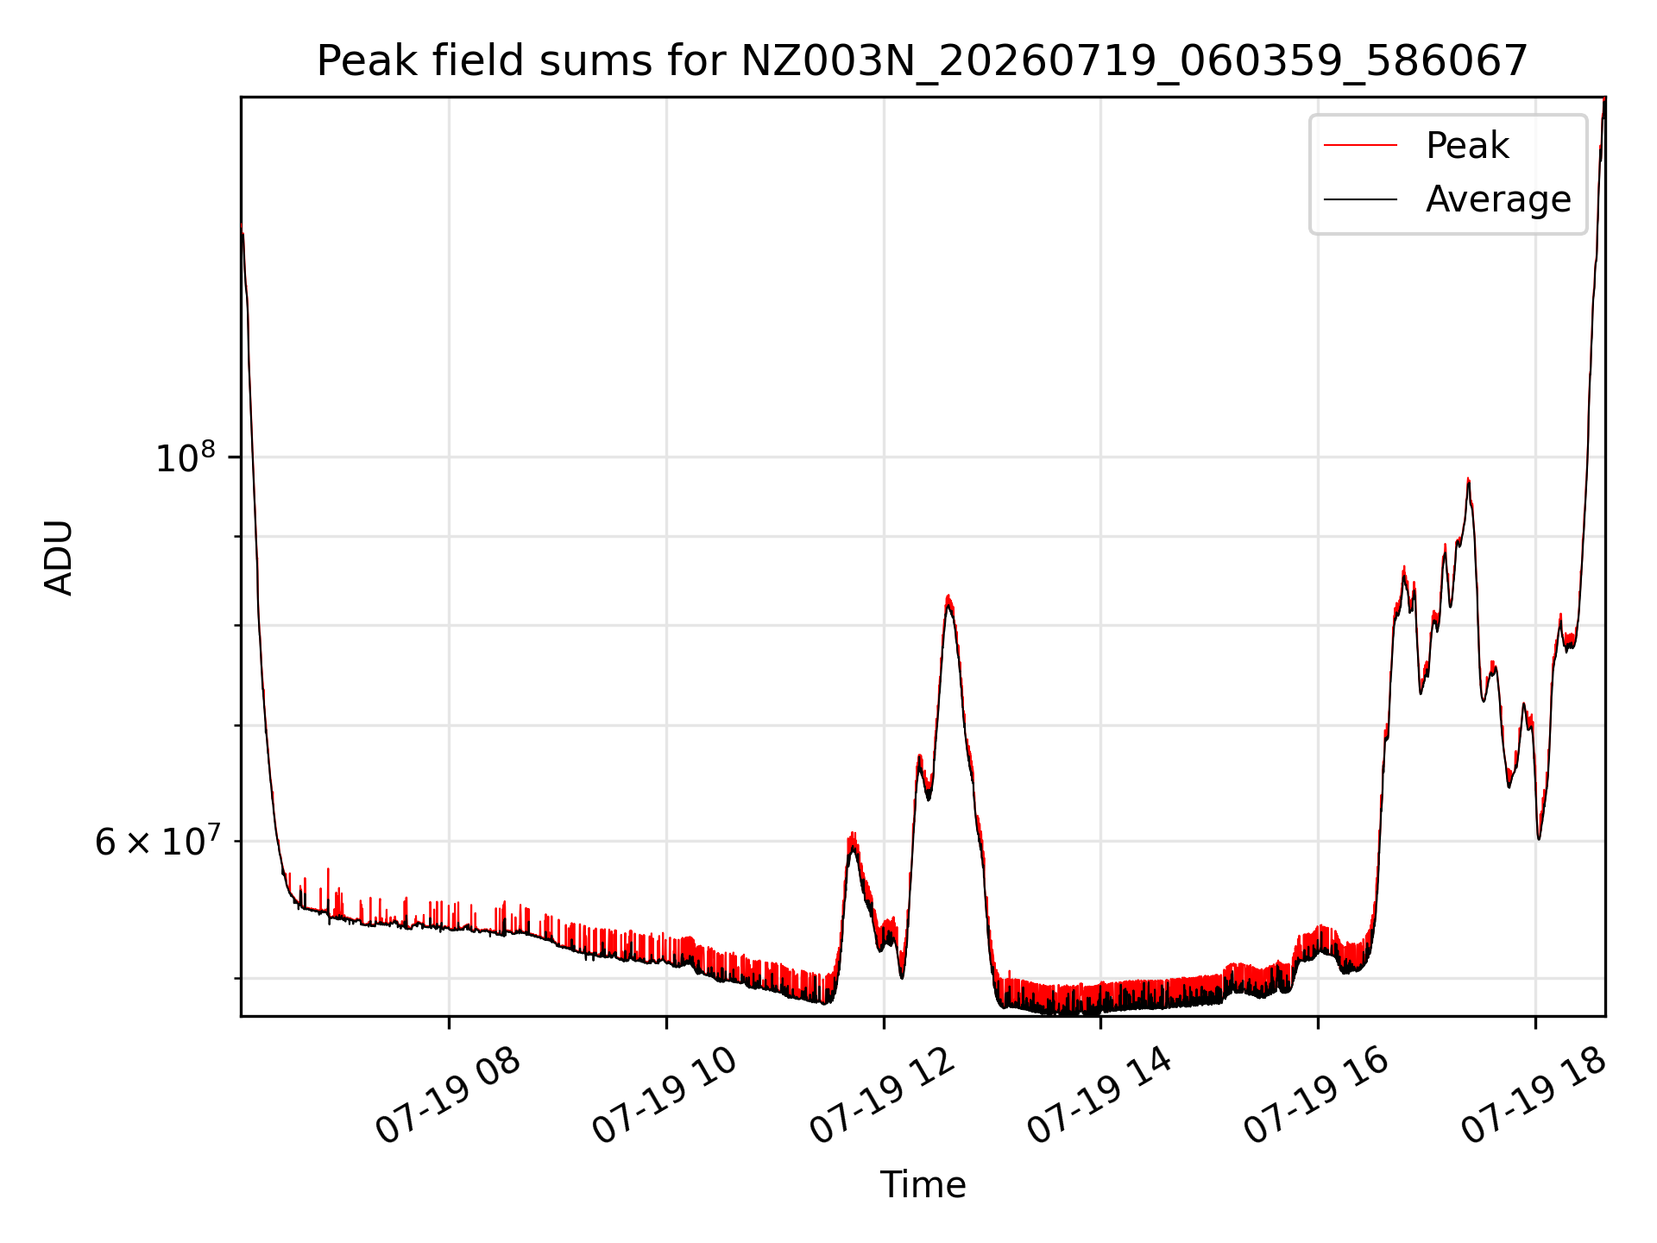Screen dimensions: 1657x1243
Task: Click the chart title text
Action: point(923,61)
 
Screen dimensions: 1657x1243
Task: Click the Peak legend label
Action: point(1467,146)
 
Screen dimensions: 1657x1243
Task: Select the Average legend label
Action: point(1498,199)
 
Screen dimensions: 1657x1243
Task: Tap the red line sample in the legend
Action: point(1360,146)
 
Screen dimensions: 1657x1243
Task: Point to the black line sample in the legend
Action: point(1360,199)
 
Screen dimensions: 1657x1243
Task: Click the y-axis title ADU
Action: point(59,557)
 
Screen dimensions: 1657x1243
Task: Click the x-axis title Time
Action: point(923,1184)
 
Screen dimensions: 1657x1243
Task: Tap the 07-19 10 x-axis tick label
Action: point(666,1096)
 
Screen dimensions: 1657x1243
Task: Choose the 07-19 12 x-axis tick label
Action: point(884,1096)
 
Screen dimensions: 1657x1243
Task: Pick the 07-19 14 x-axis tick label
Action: point(1101,1096)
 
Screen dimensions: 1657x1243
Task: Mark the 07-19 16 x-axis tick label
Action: point(1318,1096)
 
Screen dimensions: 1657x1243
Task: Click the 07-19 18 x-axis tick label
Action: point(1535,1096)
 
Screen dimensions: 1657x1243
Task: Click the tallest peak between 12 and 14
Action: point(948,596)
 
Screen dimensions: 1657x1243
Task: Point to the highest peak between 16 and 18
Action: point(1468,479)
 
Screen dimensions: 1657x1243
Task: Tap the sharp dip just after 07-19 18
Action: point(1539,837)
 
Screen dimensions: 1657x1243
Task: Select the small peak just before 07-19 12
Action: point(853,835)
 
